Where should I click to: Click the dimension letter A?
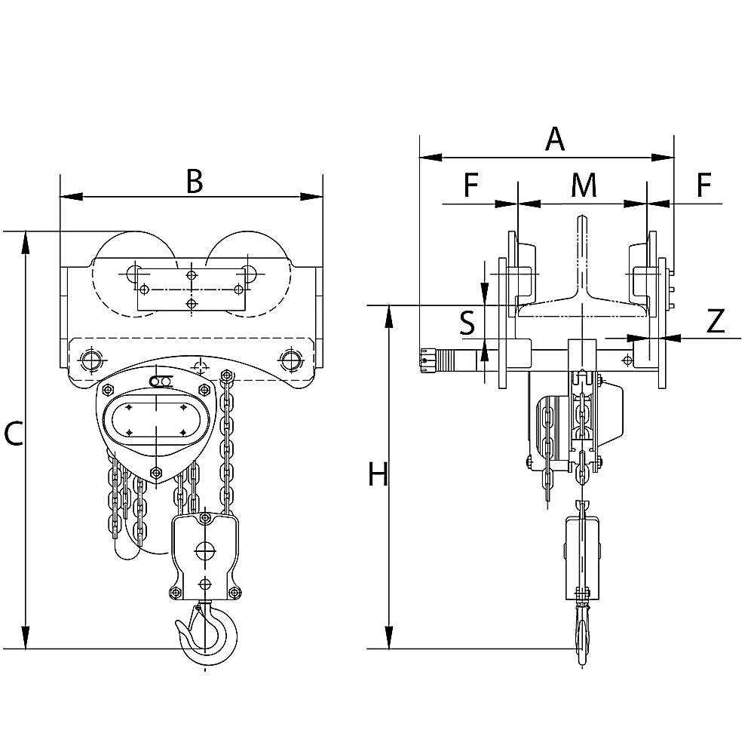click(554, 139)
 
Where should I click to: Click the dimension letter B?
click(195, 182)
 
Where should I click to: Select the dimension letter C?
click(13, 434)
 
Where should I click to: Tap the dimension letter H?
click(378, 474)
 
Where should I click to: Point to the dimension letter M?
click(584, 185)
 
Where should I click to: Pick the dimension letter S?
click(467, 323)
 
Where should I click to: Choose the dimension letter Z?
click(716, 321)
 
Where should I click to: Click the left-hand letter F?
click(471, 185)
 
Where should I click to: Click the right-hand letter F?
click(704, 185)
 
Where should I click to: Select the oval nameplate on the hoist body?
click(156, 419)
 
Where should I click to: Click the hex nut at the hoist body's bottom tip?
click(155, 472)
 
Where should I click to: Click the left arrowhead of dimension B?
click(71, 196)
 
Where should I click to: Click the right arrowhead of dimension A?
click(663, 158)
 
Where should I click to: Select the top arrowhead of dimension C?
click(26, 242)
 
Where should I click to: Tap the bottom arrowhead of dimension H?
click(390, 638)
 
